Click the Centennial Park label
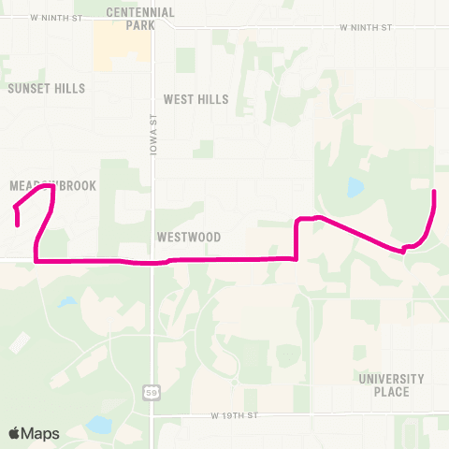click(x=140, y=19)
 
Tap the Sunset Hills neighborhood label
click(x=46, y=89)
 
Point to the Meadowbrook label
click(x=52, y=186)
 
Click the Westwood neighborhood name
click(x=189, y=238)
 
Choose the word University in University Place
click(x=391, y=379)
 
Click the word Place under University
click(x=391, y=392)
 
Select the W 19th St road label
click(x=234, y=413)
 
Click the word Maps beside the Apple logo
click(x=41, y=433)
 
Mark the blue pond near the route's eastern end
click(x=355, y=188)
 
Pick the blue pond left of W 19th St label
click(x=98, y=426)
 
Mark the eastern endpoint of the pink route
click(x=434, y=192)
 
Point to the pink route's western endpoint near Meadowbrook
click(x=19, y=224)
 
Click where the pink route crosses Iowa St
click(x=152, y=263)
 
